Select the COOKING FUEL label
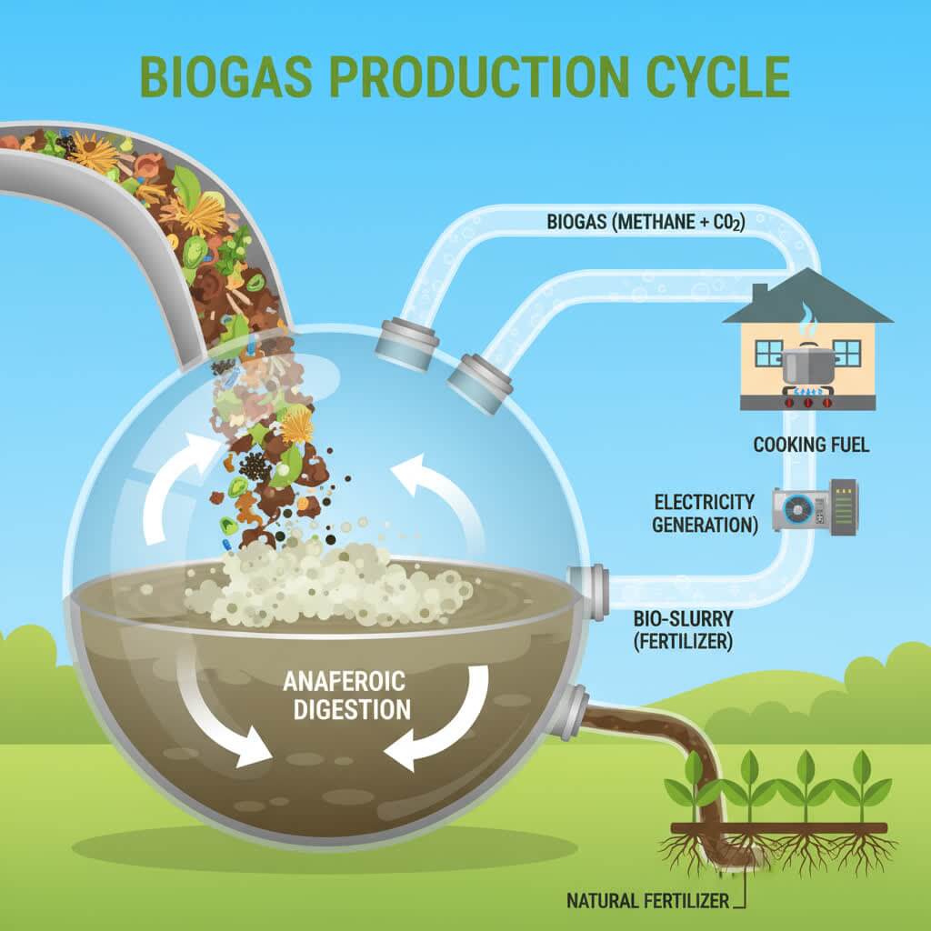(x=811, y=445)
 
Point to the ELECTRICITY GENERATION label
(x=705, y=514)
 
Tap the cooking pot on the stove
(x=807, y=366)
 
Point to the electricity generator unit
(x=814, y=508)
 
